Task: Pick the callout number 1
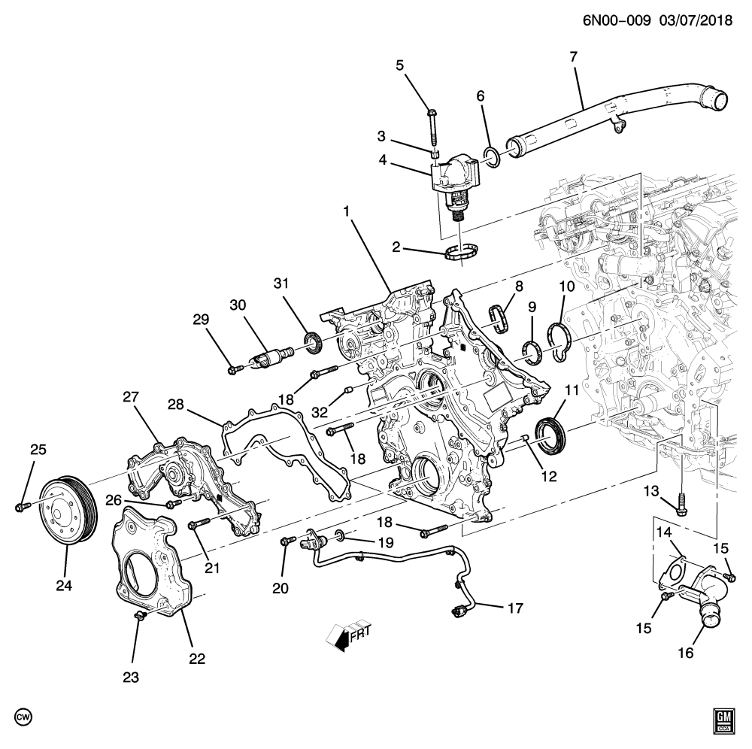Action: tap(347, 213)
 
